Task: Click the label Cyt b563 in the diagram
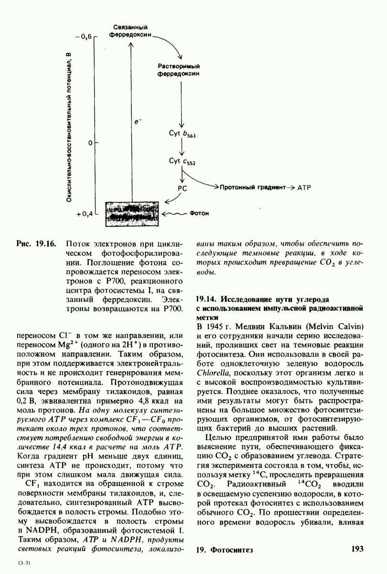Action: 182,135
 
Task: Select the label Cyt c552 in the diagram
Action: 182,162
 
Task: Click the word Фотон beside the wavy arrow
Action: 199,214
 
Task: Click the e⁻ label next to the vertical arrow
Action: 138,123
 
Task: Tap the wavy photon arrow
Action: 175,214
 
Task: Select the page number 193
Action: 357,549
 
